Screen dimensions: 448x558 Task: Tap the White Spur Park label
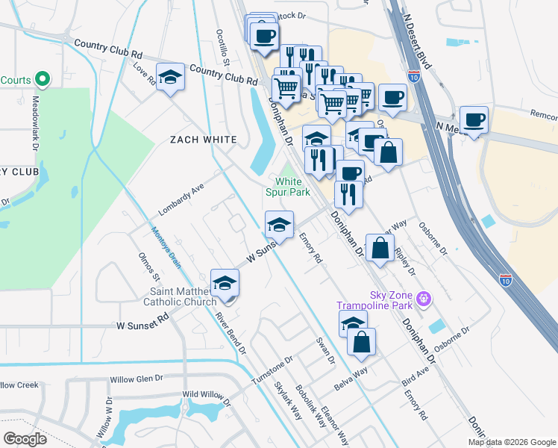(x=288, y=187)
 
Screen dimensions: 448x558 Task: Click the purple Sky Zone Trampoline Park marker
(x=424, y=298)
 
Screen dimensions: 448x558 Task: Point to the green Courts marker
(x=43, y=78)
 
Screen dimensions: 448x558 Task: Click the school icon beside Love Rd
(x=170, y=78)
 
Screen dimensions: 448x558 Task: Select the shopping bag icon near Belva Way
(x=361, y=343)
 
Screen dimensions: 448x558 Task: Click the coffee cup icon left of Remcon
(x=474, y=119)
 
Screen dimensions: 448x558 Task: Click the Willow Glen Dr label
(x=136, y=379)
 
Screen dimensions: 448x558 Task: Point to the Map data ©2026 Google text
(x=511, y=442)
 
